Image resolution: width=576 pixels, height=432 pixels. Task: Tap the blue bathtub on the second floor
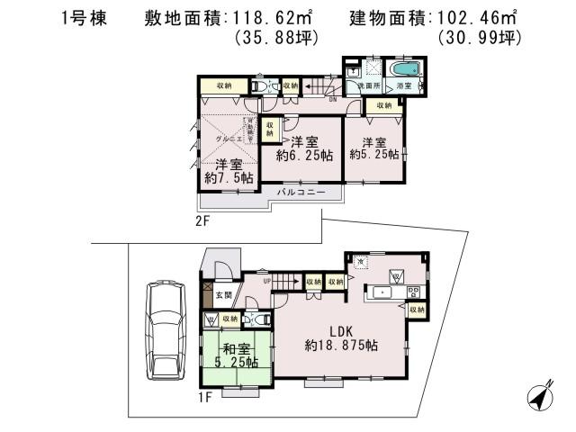point(408,69)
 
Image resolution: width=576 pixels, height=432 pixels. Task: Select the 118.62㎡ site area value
point(278,17)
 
